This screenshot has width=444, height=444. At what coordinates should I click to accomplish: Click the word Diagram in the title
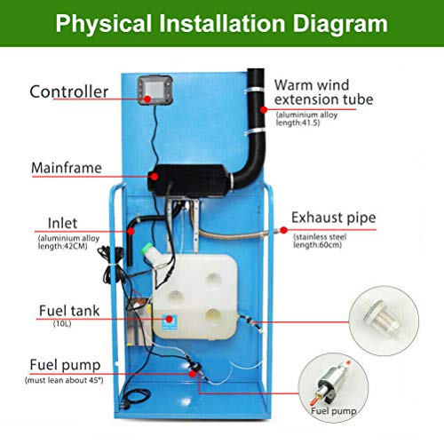point(340,23)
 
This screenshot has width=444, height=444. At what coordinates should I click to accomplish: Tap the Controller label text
point(69,91)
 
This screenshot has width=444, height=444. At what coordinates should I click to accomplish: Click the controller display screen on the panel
point(155,89)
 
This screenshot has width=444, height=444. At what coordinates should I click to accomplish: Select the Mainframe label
point(67,168)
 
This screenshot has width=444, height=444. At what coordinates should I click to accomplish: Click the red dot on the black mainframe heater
point(155,177)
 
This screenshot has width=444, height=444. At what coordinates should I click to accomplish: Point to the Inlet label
point(62,223)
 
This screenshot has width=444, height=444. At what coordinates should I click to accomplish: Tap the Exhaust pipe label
point(334,218)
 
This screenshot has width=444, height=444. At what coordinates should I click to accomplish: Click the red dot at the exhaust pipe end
point(283,230)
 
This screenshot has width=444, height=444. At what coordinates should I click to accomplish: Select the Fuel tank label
point(69,311)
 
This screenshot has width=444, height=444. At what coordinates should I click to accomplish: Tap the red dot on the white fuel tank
point(169,319)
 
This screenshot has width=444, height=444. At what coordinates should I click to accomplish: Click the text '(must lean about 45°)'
point(64,380)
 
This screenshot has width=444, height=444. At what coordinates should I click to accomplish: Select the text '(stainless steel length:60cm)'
point(320,241)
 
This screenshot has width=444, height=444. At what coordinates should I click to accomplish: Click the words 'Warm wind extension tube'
point(323,92)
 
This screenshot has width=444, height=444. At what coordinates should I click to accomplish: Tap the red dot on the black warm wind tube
point(263,110)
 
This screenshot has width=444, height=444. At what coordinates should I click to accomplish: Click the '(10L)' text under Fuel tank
point(62,323)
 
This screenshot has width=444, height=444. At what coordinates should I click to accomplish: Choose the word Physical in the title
point(104,24)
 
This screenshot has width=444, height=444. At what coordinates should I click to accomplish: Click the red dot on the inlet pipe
point(131,231)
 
